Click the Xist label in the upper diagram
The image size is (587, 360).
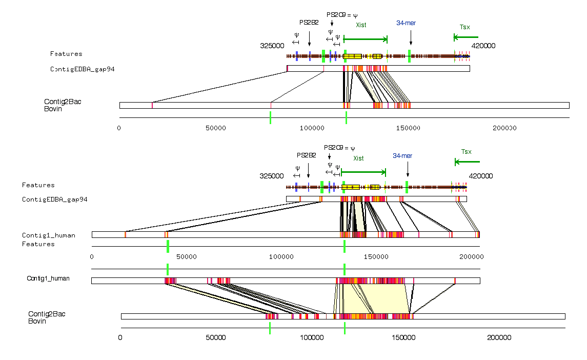point(361,25)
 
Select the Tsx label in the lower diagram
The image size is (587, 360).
point(466,152)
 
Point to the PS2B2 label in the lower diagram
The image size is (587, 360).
point(307,155)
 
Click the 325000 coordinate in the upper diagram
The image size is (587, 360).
point(272,46)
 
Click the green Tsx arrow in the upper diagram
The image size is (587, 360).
point(465,37)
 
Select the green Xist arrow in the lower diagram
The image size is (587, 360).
point(363,172)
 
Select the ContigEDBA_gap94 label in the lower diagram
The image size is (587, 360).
point(54,199)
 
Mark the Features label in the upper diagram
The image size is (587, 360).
point(66,54)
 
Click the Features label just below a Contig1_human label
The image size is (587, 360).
point(38,244)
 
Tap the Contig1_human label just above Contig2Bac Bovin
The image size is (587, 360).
point(48,278)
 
